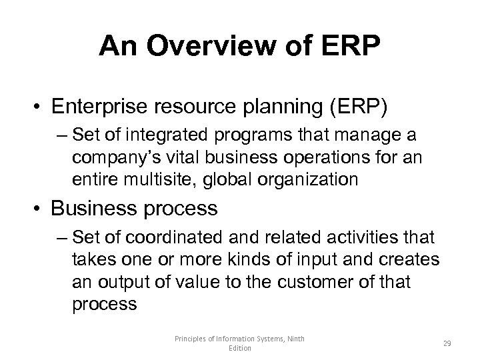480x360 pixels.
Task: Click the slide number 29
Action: click(448, 345)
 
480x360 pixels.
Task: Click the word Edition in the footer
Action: click(240, 349)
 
